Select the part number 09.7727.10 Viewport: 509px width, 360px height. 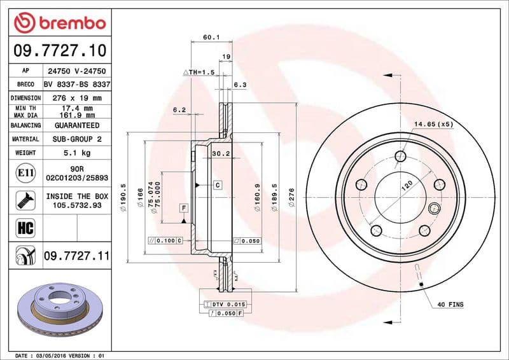[59, 50]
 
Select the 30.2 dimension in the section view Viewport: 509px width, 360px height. [220, 153]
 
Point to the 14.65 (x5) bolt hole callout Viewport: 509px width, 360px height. [433, 124]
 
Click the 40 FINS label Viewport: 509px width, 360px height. [450, 305]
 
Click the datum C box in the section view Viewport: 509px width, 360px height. [217, 185]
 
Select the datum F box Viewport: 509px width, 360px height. [184, 209]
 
